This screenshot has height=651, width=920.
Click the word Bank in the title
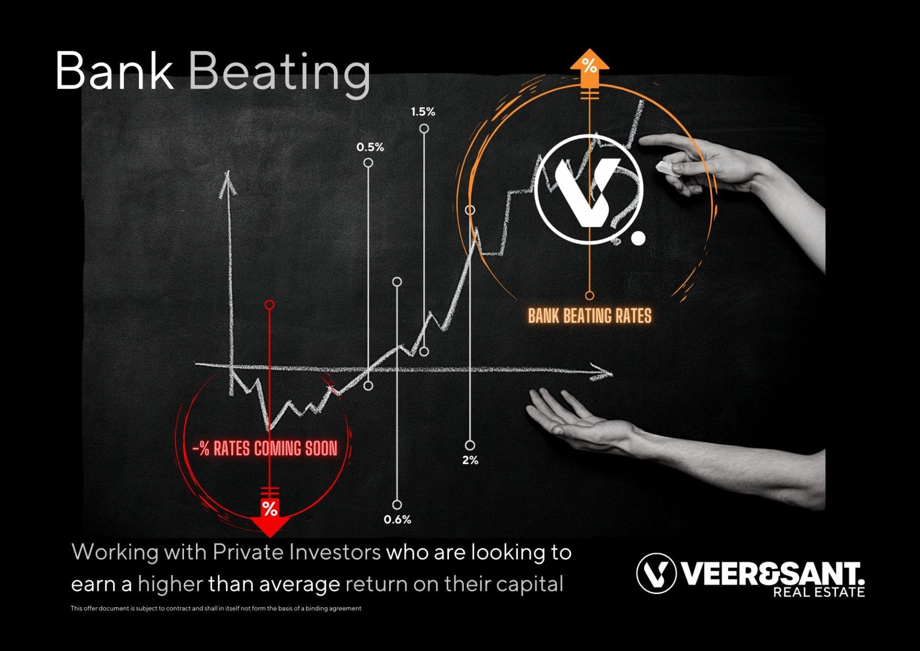tap(114, 71)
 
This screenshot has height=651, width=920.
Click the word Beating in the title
tap(279, 73)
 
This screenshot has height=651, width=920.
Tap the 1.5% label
tap(423, 112)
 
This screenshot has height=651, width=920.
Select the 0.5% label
tap(370, 147)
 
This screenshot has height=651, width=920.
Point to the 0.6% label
tap(397, 520)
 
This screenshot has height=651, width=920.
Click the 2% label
tap(470, 460)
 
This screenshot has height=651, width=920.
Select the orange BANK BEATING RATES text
tap(589, 316)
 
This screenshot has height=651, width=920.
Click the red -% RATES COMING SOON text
tap(265, 449)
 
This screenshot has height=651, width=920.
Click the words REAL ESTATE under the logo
tap(818, 592)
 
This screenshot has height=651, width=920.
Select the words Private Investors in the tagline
tap(297, 552)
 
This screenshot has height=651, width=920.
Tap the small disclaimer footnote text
tap(216, 608)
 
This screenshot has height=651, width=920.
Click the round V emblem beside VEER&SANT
tap(655, 573)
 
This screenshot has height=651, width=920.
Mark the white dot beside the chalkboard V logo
tap(638, 238)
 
